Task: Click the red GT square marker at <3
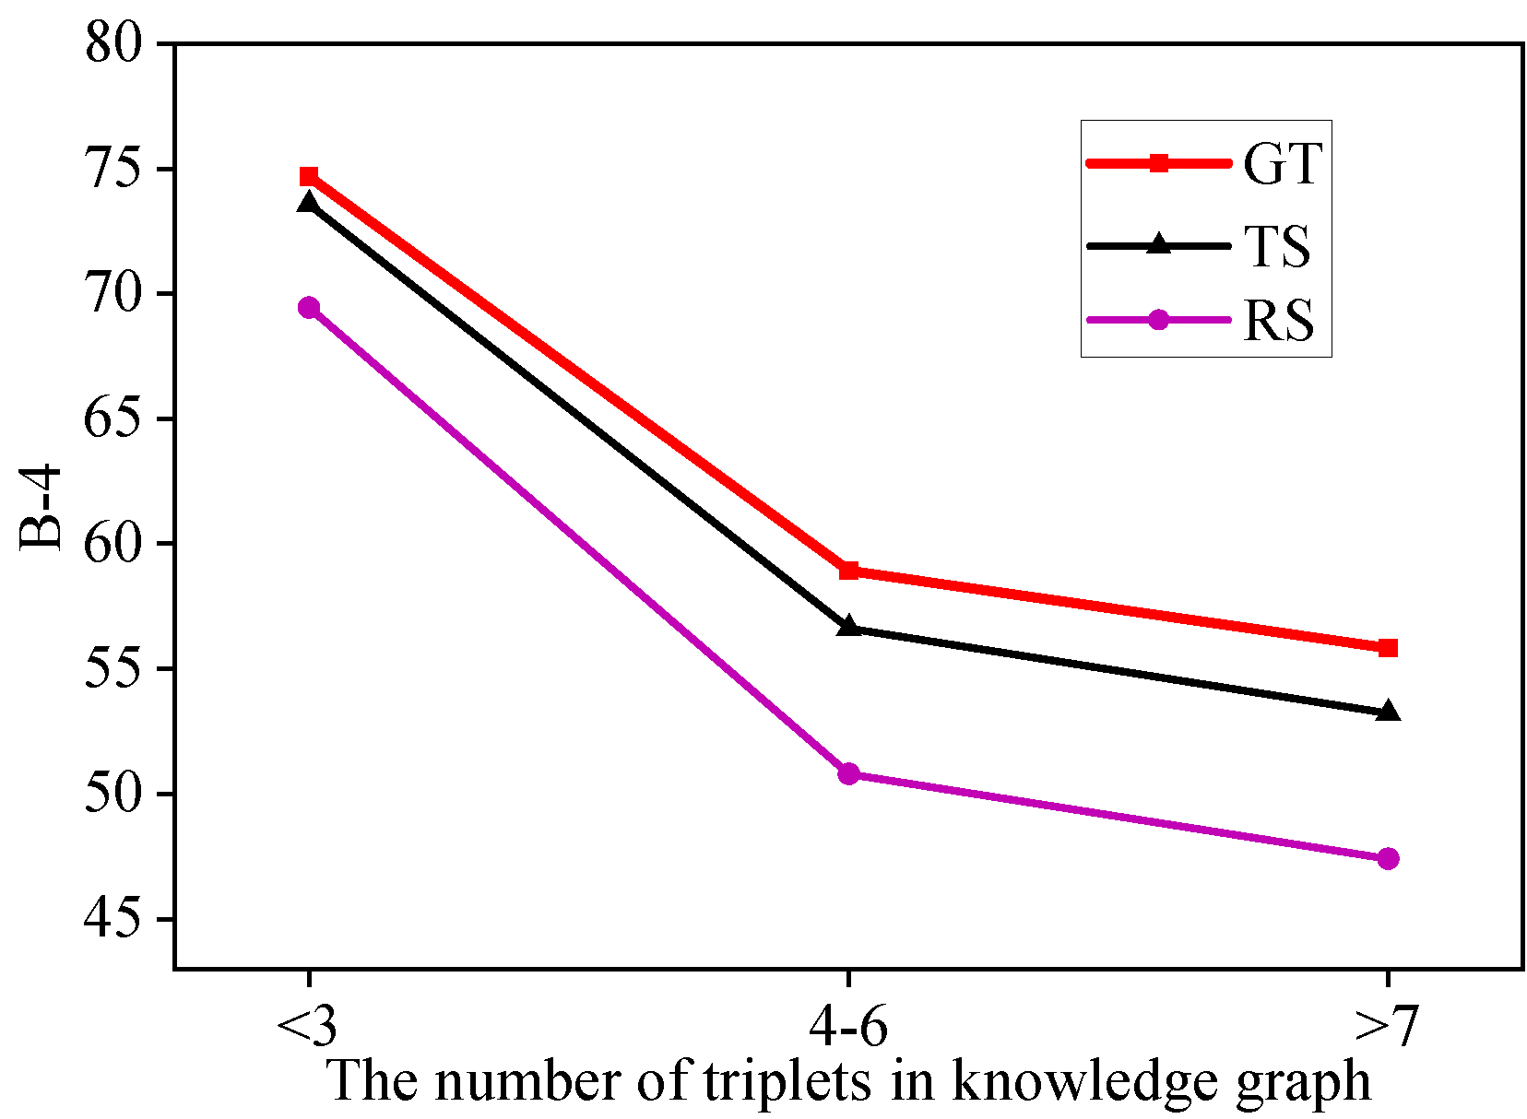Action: coord(309,176)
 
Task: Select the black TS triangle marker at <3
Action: coord(309,202)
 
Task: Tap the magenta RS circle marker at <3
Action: coord(309,307)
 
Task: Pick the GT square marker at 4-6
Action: coord(849,571)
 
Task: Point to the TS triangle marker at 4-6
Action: coord(849,627)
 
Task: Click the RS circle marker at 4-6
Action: coord(849,773)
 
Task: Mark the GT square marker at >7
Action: coord(1388,648)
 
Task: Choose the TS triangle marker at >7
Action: coord(1388,711)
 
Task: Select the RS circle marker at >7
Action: coord(1388,858)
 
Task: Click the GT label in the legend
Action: coord(1283,164)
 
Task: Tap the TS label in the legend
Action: coord(1277,246)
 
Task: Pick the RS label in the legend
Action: coord(1278,321)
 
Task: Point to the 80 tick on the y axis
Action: coord(114,43)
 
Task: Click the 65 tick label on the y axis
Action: coord(114,418)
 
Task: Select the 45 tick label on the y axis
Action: coord(114,918)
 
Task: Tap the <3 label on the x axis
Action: coord(307,1027)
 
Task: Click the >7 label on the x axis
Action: coord(1386,1027)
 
